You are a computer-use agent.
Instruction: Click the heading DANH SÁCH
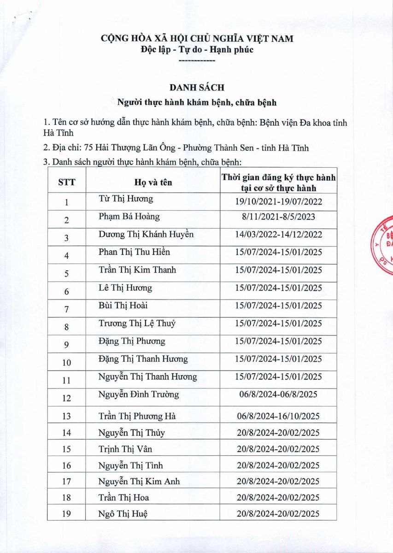pyautogui.click(x=197, y=88)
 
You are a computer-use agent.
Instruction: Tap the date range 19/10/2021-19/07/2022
pyautogui.click(x=278, y=202)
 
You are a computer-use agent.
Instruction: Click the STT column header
pyautogui.click(x=66, y=182)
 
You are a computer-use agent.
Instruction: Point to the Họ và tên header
pyautogui.click(x=153, y=182)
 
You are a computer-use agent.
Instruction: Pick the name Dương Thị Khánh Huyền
pyautogui.click(x=146, y=235)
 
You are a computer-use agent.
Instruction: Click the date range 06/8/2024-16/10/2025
pyautogui.click(x=278, y=416)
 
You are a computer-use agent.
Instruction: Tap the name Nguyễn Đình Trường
pyautogui.click(x=139, y=394)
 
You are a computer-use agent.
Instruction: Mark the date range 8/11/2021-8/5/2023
pyautogui.click(x=278, y=217)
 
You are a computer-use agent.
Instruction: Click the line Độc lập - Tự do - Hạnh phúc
pyautogui.click(x=197, y=50)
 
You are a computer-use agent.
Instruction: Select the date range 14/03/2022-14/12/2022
pyautogui.click(x=278, y=235)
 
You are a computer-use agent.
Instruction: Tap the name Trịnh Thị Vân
pyautogui.click(x=125, y=448)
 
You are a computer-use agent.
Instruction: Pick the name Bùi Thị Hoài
pyautogui.click(x=123, y=306)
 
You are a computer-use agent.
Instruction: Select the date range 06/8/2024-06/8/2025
pyautogui.click(x=278, y=395)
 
